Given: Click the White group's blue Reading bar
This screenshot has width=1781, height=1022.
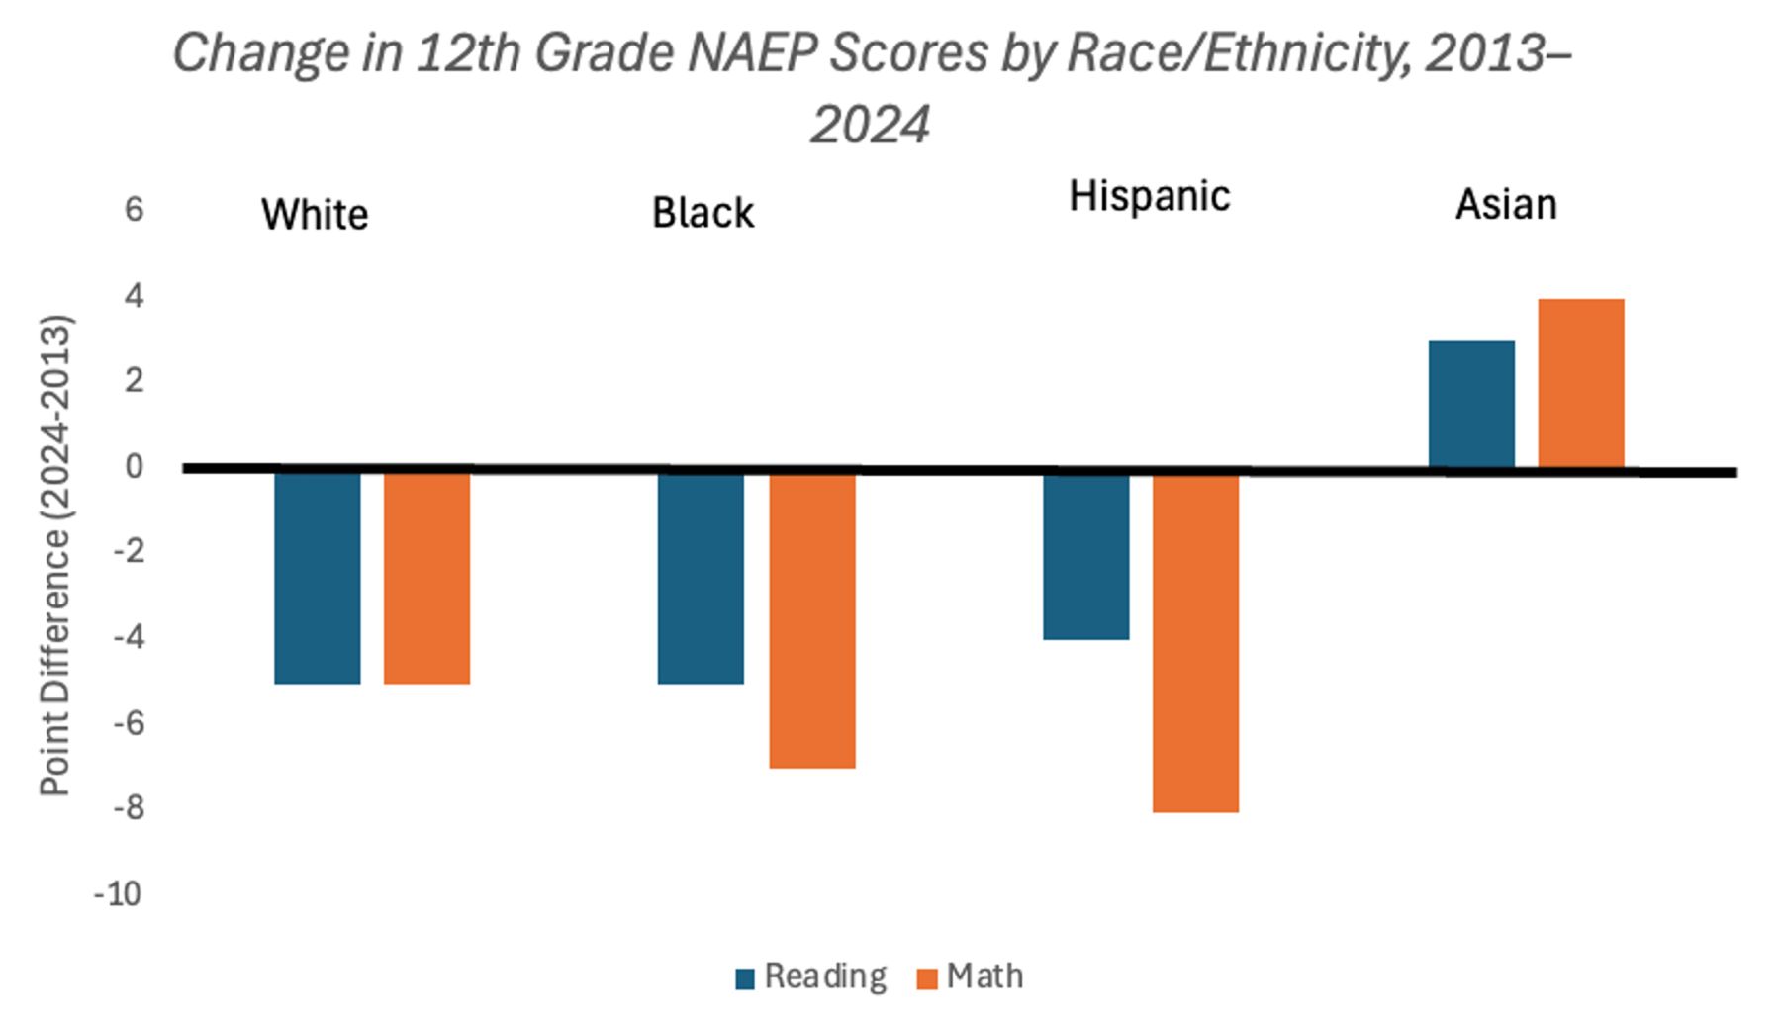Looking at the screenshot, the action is (318, 577).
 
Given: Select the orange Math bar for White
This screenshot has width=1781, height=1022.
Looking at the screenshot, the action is (426, 577).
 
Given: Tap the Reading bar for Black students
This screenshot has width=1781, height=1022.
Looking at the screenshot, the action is (701, 577).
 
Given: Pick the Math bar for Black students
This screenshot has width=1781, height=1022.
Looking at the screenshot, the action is (812, 619).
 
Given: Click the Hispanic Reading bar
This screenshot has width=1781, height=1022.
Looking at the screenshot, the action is (1086, 556).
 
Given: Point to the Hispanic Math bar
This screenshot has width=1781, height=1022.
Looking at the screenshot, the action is (1195, 642).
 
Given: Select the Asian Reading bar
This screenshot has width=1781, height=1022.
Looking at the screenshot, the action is (1471, 404).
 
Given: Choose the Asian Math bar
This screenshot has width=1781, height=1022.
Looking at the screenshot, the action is (1581, 383).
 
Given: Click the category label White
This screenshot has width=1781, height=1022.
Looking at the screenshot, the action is (315, 215).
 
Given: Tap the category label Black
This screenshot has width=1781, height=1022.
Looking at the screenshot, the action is (703, 213).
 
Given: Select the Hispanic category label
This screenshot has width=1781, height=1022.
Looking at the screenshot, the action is (1150, 197).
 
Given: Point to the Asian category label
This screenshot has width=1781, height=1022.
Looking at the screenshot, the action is (1506, 205).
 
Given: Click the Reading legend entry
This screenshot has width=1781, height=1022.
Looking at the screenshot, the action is (811, 976).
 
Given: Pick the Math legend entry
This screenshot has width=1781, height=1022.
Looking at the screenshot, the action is (971, 976).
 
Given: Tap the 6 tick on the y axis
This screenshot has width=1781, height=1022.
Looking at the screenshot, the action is (134, 210).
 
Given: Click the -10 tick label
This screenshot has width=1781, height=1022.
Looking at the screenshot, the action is (118, 894).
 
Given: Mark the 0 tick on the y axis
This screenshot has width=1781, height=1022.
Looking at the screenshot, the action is (134, 466).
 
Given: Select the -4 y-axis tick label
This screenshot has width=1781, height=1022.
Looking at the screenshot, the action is (128, 637).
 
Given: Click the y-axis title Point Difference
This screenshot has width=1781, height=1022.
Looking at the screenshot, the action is (56, 556).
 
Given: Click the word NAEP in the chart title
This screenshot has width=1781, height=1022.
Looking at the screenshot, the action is (751, 53).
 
